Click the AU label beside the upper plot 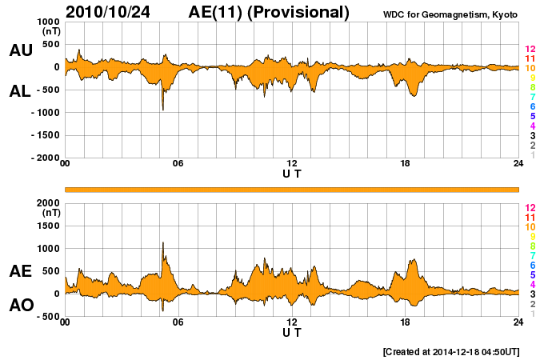tap(21, 50)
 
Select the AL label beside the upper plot tap(21, 91)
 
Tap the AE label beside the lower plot tap(21, 271)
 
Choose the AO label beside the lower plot tap(21, 305)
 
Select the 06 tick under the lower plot tap(178, 322)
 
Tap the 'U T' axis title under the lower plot tap(292, 331)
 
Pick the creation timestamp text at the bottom tap(451, 351)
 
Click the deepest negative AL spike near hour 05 tap(163, 109)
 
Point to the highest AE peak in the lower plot tap(163, 243)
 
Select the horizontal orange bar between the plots tap(292, 189)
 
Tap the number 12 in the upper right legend tap(530, 50)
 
